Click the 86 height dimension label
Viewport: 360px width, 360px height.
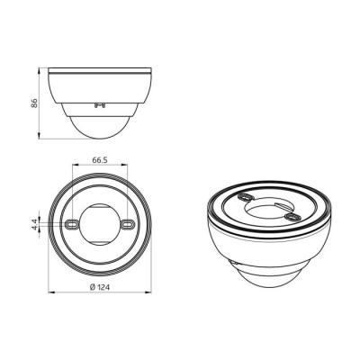pos(35,103)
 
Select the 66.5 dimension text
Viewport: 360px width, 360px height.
pos(100,160)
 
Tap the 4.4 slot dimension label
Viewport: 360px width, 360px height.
pos(35,224)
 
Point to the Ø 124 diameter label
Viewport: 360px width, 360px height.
pos(100,287)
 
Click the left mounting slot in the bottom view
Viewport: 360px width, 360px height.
pos(72,224)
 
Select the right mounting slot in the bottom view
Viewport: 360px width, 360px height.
pos(128,224)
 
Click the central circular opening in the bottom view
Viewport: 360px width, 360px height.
pos(100,224)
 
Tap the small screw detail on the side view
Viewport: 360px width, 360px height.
pos(99,105)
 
